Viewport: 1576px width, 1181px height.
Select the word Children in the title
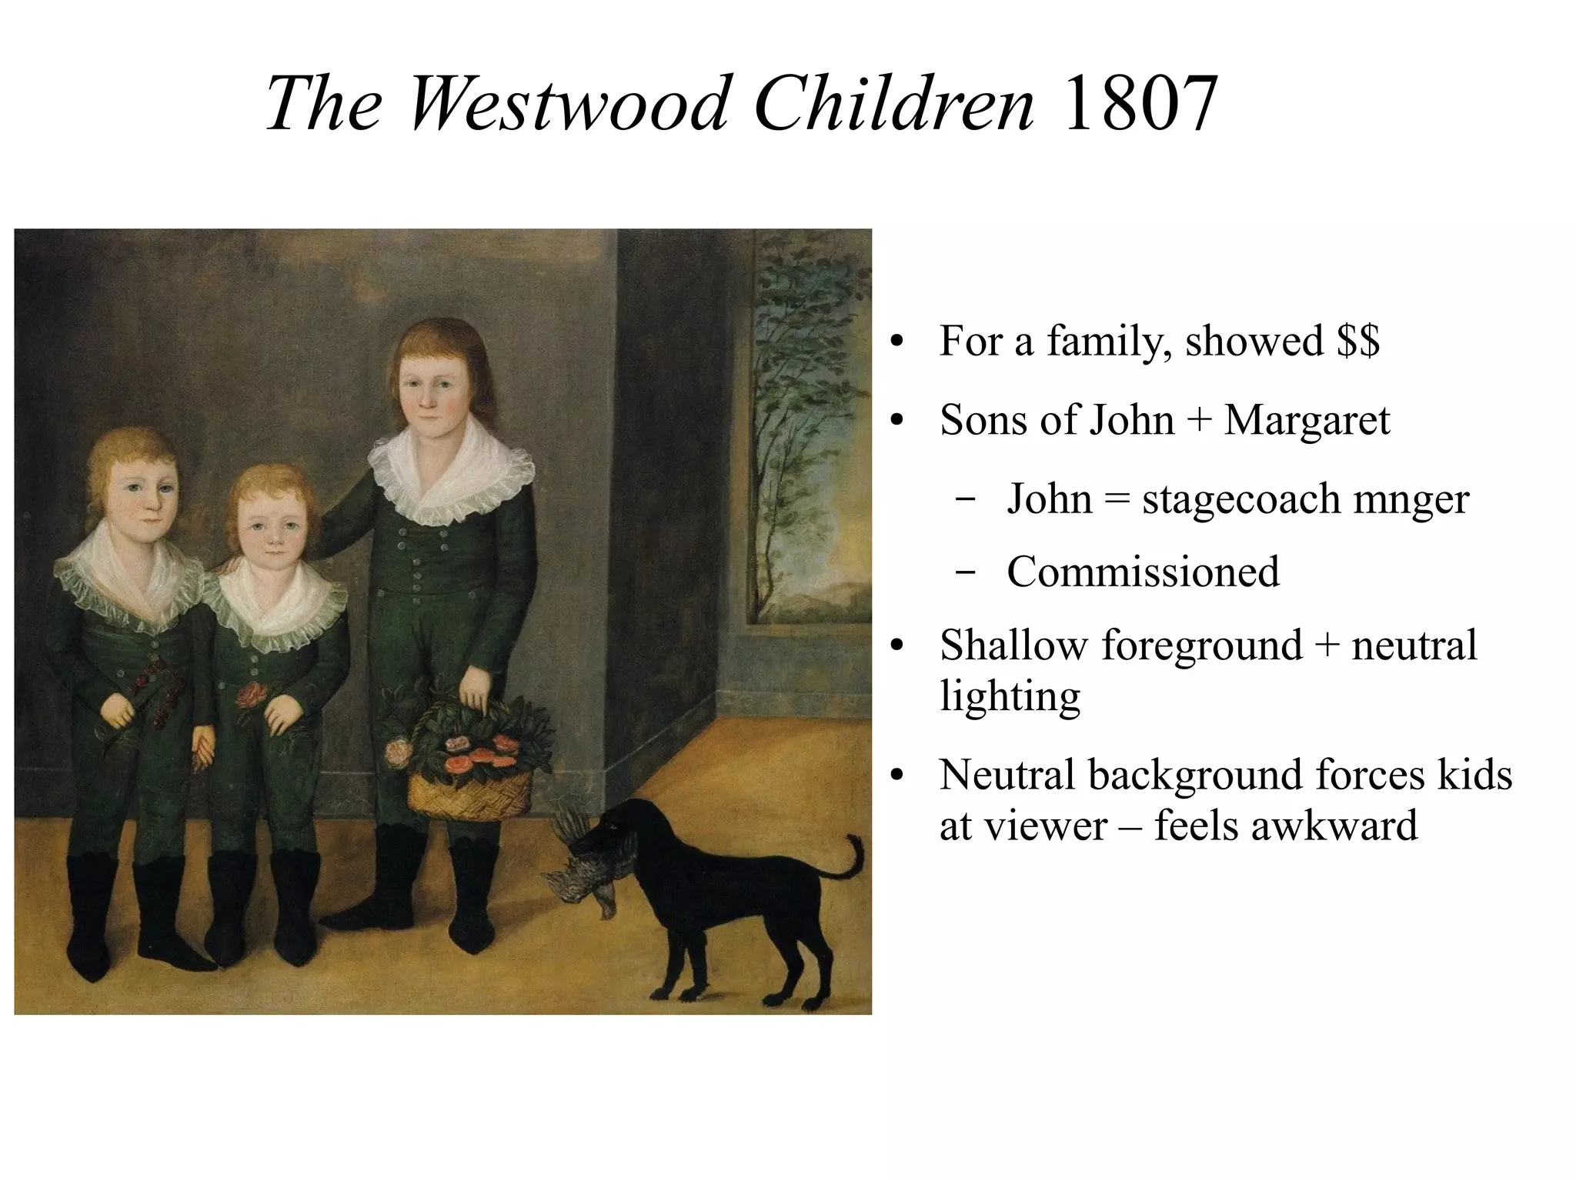[x=893, y=104]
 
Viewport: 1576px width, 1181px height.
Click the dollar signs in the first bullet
[x=1358, y=341]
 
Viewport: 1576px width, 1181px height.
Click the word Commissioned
[x=1143, y=572]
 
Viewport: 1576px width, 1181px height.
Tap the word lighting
[x=1010, y=696]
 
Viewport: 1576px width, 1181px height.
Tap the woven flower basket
[x=469, y=789]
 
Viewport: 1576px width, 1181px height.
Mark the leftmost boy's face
[x=142, y=500]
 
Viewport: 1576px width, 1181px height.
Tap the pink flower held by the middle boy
[x=251, y=695]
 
